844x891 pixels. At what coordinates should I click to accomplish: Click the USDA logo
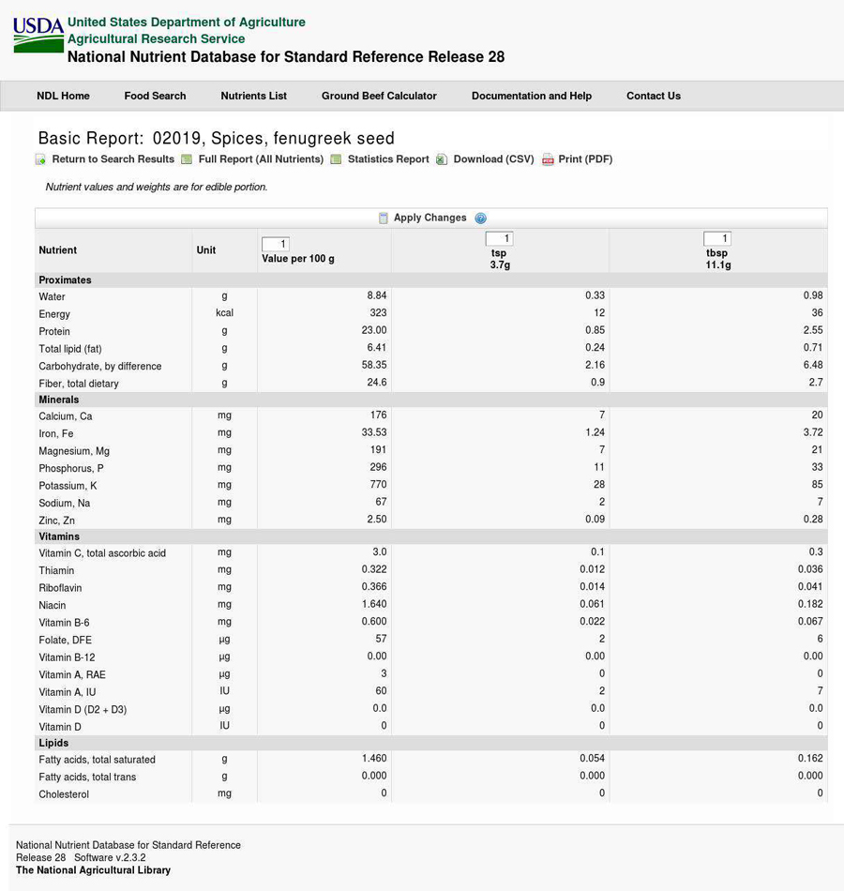tap(38, 35)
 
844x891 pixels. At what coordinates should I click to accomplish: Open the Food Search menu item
tap(155, 96)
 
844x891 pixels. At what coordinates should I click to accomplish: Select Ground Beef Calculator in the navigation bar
tap(379, 96)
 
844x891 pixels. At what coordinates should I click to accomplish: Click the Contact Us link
tap(653, 96)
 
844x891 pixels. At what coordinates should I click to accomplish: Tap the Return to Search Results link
tap(113, 159)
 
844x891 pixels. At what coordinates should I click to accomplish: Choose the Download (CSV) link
tap(493, 159)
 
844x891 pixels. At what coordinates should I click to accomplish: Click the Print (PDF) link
tap(584, 159)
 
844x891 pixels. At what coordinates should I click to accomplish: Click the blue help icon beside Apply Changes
tap(480, 218)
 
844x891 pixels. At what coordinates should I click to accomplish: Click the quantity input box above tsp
tap(499, 239)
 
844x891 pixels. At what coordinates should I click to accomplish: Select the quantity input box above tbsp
tap(716, 239)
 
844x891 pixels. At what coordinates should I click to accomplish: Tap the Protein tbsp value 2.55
tap(812, 330)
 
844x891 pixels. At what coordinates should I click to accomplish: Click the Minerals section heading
tap(59, 400)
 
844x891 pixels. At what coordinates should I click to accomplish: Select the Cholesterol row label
tap(64, 794)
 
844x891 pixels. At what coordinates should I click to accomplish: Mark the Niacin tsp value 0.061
tap(591, 605)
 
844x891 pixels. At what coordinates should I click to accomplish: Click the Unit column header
tap(206, 250)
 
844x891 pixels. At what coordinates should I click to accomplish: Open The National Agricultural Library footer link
tap(93, 870)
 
